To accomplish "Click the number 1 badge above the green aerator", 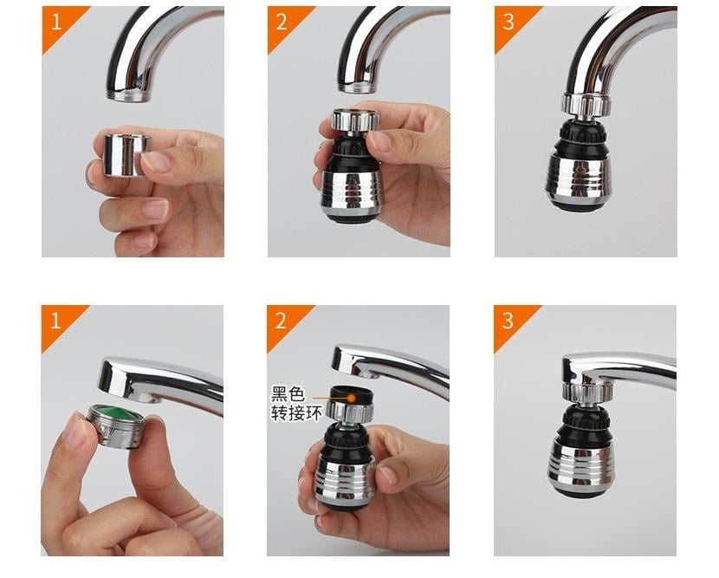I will tap(56, 321).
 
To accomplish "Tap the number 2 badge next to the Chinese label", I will tap(282, 321).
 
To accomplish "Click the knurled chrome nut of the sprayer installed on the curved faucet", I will tap(586, 106).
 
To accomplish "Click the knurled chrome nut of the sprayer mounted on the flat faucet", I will tap(584, 393).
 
